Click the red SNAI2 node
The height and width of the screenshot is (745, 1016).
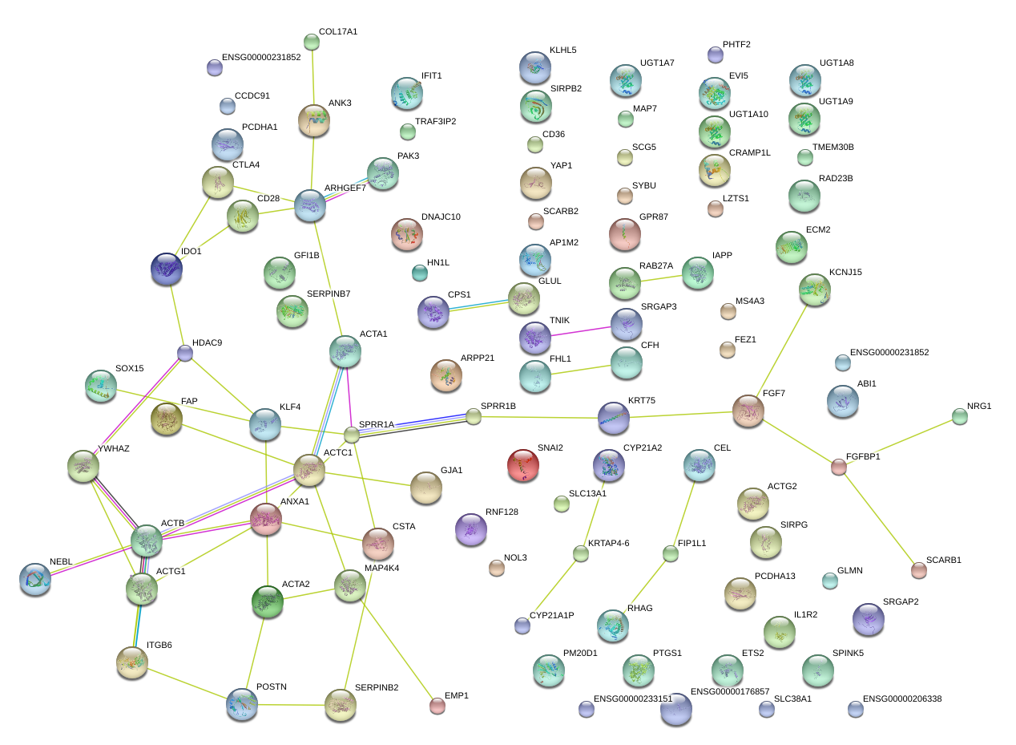[523, 465]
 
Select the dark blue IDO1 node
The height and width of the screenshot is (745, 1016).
[167, 269]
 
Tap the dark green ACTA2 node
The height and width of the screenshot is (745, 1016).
[267, 601]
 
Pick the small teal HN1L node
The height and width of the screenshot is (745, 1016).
[420, 273]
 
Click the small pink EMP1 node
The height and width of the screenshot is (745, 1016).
[437, 706]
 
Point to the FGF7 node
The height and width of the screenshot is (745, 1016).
[748, 411]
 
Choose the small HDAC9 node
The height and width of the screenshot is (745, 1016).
[184, 353]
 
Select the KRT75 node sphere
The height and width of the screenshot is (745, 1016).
[614, 418]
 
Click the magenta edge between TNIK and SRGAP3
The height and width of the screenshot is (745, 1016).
[581, 331]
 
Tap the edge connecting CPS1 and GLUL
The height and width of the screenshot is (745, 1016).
[478, 305]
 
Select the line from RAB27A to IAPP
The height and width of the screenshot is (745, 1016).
[661, 278]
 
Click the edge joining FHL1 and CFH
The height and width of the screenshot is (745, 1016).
[581, 370]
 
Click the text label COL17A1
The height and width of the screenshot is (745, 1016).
[338, 32]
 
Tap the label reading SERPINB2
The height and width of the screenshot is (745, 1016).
[377, 688]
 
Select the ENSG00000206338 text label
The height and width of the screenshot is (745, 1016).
[902, 698]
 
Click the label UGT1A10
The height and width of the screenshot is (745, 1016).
[748, 115]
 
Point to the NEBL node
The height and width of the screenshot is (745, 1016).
[35, 580]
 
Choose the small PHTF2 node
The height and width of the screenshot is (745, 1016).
[716, 55]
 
